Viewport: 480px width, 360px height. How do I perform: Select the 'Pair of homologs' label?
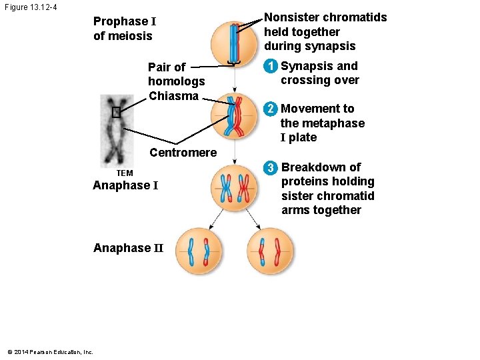tap(176, 74)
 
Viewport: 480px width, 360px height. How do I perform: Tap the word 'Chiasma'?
tap(173, 96)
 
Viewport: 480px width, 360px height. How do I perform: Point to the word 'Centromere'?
tap(183, 153)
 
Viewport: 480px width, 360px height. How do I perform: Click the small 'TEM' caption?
tap(125, 173)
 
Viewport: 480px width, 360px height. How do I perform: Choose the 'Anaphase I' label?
tap(125, 185)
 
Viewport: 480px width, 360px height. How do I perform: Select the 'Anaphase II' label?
tap(128, 248)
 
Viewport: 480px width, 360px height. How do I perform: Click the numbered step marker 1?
tap(270, 66)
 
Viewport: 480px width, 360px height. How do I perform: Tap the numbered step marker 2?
tap(270, 109)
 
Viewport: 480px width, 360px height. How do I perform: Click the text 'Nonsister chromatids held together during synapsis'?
tap(325, 32)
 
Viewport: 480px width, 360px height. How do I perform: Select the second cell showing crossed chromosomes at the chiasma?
tap(233, 116)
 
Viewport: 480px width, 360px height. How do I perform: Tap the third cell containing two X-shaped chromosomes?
tap(233, 188)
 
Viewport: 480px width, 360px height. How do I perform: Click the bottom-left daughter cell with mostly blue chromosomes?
tap(198, 252)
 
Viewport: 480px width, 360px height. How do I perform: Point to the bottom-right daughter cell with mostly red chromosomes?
tap(269, 252)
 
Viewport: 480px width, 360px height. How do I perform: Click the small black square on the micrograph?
tap(116, 113)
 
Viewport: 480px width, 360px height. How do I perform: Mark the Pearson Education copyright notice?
tap(50, 352)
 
